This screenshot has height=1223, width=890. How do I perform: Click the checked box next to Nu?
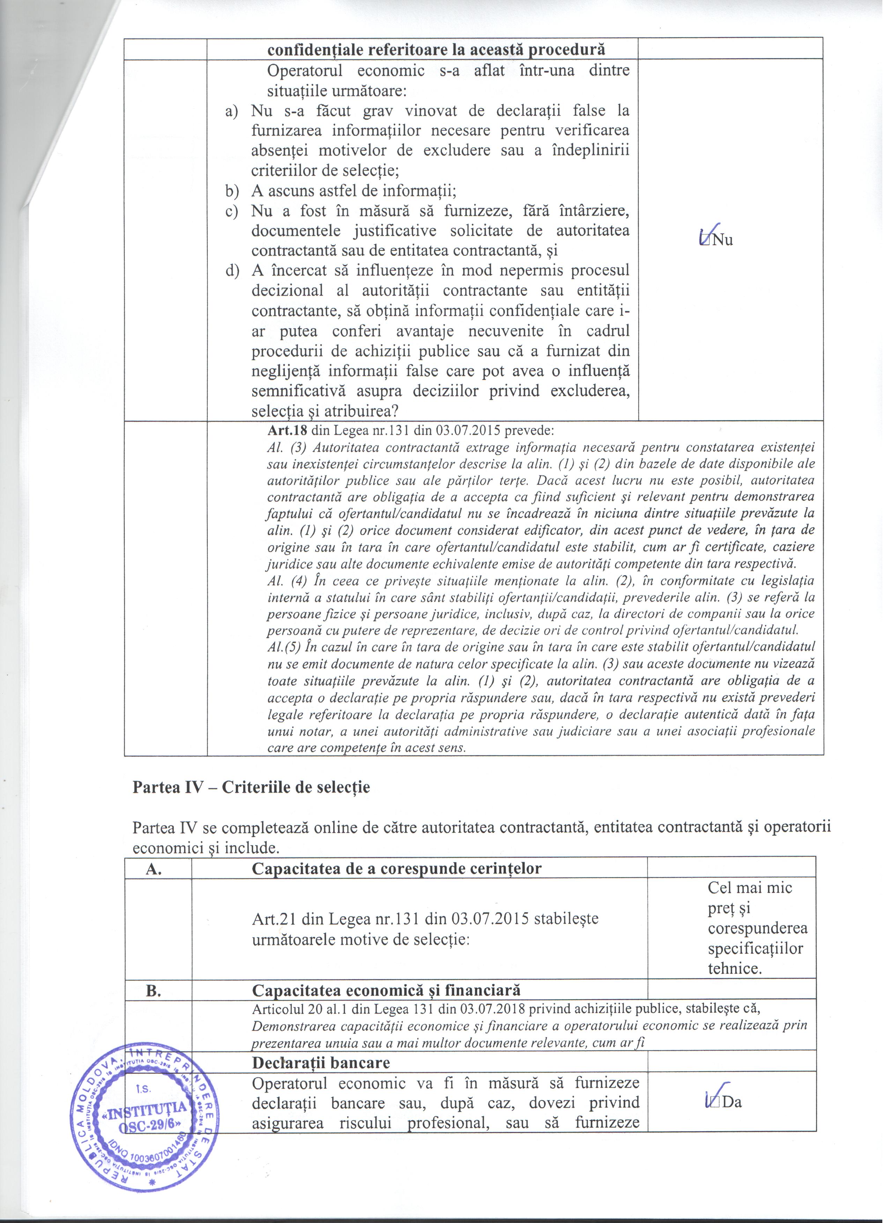click(x=704, y=239)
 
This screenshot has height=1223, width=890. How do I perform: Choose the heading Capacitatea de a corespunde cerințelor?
click(x=396, y=868)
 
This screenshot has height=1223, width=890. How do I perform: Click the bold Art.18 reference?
click(x=284, y=430)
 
